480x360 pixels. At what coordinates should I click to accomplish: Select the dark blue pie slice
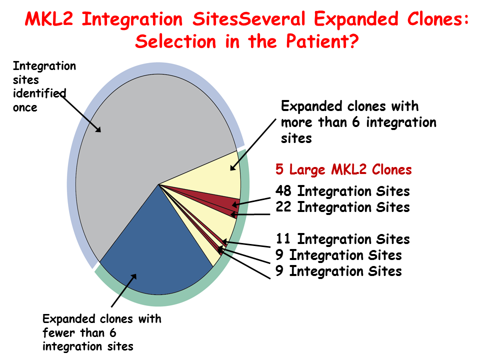tap(156, 251)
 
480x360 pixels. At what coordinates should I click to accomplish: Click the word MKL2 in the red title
tap(49, 19)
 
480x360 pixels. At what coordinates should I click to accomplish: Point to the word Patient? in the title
tap(322, 41)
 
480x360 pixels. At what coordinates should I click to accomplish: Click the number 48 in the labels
tap(283, 190)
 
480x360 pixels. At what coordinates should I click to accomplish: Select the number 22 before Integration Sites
tap(283, 207)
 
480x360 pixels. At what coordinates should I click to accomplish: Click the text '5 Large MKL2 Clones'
tap(343, 169)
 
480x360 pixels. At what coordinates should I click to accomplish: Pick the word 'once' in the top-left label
tap(25, 108)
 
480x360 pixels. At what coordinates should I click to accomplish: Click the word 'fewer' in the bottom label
tap(58, 332)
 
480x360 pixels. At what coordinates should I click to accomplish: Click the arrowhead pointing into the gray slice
tap(97, 129)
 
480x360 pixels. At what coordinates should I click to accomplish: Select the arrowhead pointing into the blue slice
tap(133, 277)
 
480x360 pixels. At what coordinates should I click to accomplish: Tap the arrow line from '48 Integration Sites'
tap(251, 201)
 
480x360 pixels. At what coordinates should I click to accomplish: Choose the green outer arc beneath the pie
tap(159, 301)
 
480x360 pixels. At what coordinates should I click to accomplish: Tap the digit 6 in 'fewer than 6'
tap(112, 332)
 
